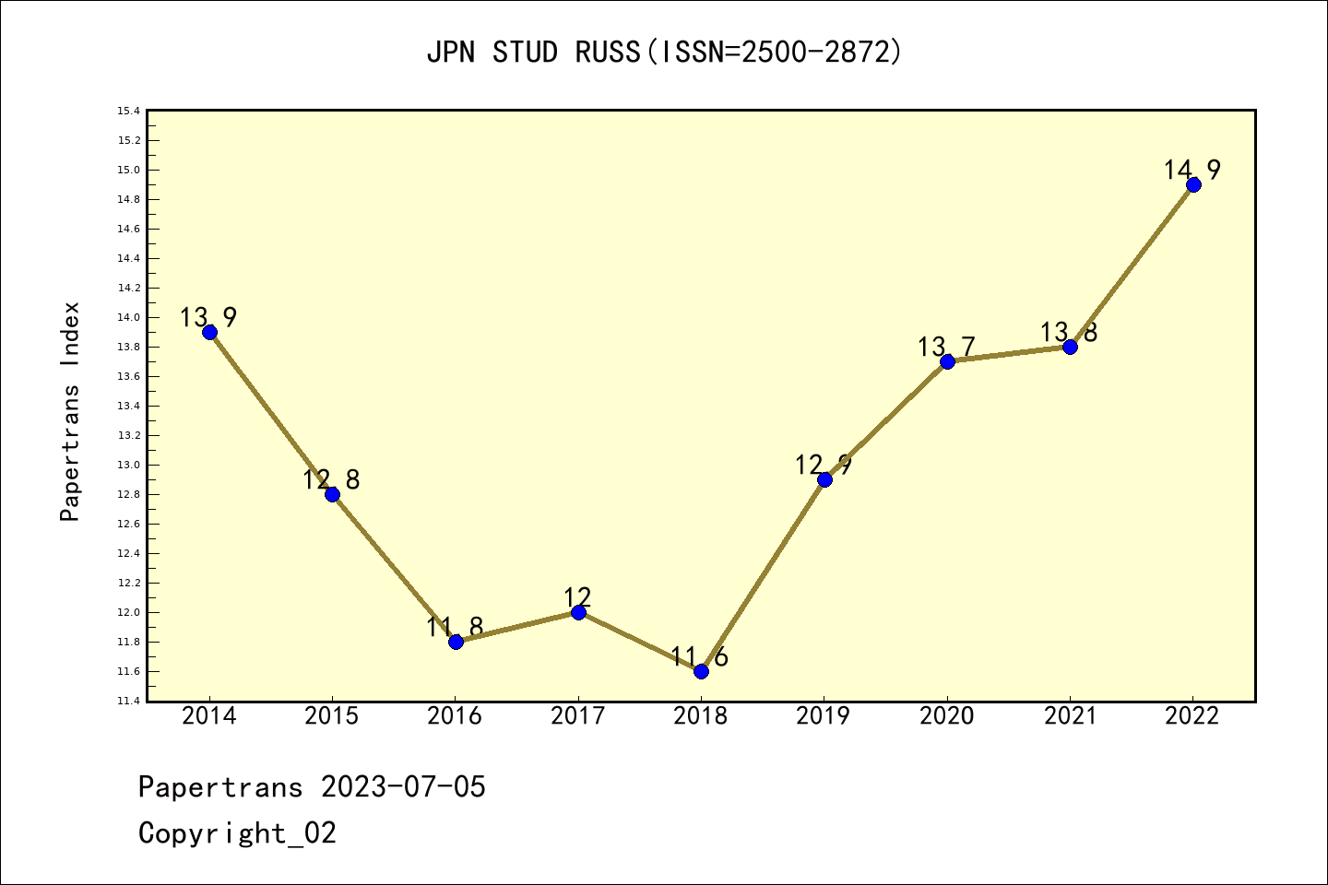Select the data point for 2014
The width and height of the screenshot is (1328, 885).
[209, 332]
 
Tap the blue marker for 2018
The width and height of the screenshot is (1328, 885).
[701, 671]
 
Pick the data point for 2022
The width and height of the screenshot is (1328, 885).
[1193, 184]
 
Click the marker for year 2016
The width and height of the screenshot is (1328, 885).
[456, 642]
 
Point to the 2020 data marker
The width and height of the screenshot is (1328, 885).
[947, 361]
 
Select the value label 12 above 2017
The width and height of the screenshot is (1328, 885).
[577, 596]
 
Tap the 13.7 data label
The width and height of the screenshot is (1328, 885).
[946, 347]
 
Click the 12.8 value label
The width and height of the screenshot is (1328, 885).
[331, 479]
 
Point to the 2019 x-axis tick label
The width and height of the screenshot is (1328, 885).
[824, 716]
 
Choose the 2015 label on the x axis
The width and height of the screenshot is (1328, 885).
[332, 716]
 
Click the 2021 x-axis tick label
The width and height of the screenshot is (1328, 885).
[1070, 716]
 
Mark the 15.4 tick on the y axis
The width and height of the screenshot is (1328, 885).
[128, 112]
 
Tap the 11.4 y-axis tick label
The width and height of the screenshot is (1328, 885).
[128, 702]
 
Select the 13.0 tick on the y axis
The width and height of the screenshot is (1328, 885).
[128, 466]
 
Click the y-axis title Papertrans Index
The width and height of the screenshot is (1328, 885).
[70, 411]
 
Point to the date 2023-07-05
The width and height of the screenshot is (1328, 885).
[403, 787]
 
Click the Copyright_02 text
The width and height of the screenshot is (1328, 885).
[237, 833]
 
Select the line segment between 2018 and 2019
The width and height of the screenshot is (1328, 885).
[763, 575]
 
